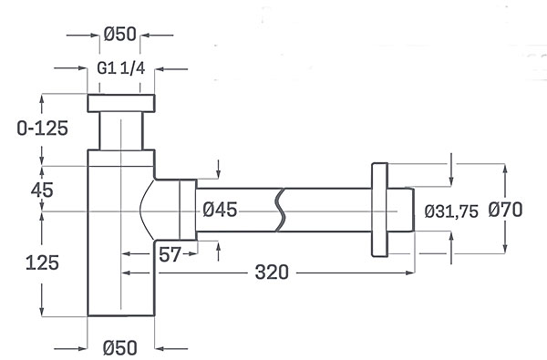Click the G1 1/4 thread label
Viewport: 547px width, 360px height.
(x=121, y=68)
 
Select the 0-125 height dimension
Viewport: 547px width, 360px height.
(x=42, y=129)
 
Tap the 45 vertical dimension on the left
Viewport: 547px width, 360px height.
(x=42, y=190)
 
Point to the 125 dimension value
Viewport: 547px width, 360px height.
(x=42, y=262)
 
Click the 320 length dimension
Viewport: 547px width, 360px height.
(x=272, y=273)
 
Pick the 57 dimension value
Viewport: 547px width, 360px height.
(x=170, y=254)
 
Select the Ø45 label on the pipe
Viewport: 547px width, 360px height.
(x=220, y=210)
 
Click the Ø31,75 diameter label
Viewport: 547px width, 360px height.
(x=451, y=211)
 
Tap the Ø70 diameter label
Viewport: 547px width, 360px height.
(x=505, y=210)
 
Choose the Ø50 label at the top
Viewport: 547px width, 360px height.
(x=119, y=34)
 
